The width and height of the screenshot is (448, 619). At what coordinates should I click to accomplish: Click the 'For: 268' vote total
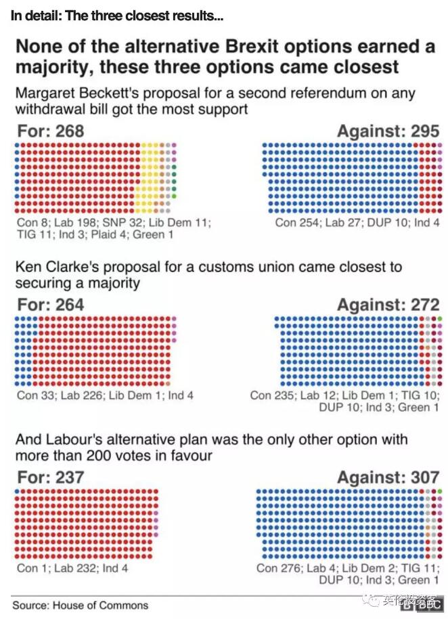tap(51, 131)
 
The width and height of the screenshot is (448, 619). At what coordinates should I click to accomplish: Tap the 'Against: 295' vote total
tap(388, 131)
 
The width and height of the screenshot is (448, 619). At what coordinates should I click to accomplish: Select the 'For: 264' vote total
tap(51, 305)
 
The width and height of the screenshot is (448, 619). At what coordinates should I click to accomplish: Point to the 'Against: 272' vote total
tap(388, 305)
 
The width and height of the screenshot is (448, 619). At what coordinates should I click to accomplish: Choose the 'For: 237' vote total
tap(51, 477)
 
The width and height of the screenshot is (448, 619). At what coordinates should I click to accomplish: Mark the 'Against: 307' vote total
tap(388, 477)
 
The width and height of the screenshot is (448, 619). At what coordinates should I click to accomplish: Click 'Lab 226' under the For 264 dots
tap(83, 395)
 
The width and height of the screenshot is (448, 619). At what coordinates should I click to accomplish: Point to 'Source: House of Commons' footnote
tap(80, 605)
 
